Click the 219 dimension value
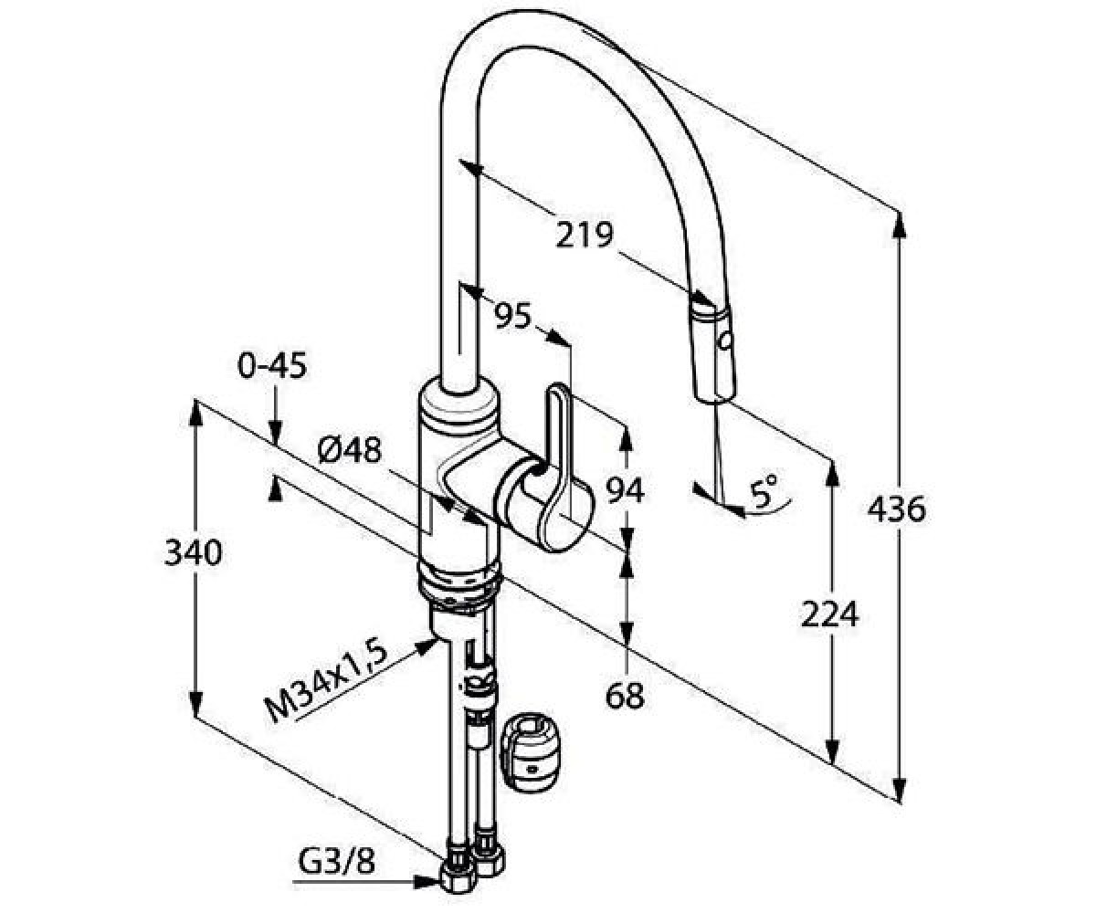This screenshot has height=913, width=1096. pos(585,235)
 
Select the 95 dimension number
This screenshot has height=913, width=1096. pos(512,316)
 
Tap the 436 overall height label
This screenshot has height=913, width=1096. pos(897,509)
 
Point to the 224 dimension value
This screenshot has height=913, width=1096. pos(829,614)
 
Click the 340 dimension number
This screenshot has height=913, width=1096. pos(193,552)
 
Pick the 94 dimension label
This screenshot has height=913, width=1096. pos(625,491)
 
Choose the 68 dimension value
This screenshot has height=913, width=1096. pos(625,696)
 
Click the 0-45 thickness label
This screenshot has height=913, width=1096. pos(272,365)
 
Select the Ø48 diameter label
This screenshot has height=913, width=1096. pos(350,450)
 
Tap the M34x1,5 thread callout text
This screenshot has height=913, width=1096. pos(326,682)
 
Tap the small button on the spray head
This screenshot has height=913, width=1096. pos(726,341)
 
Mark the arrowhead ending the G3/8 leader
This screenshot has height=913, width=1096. pos(427,882)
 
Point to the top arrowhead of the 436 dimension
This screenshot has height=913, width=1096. pos(900,226)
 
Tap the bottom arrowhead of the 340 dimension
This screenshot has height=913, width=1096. pos(195,703)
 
